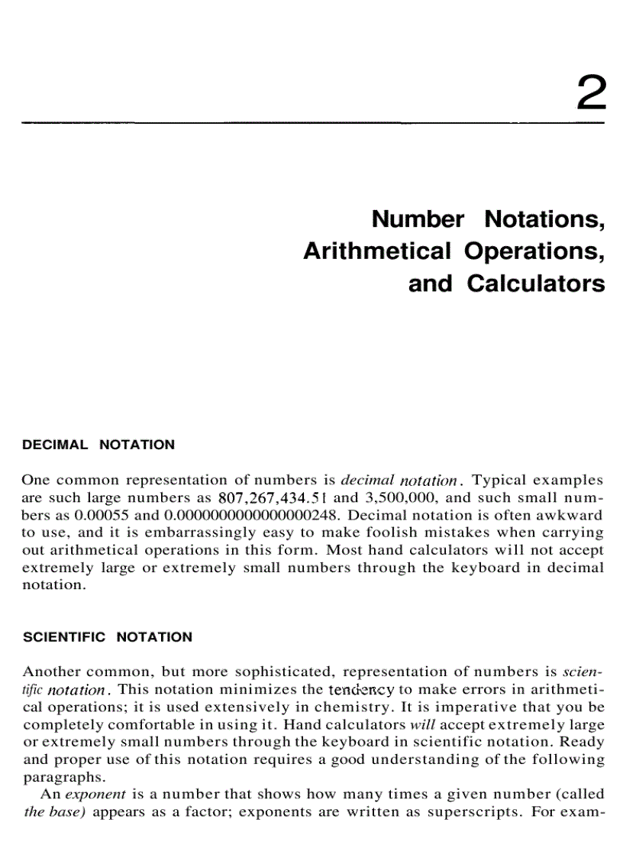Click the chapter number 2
[592, 95]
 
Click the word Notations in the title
[544, 219]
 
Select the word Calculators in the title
[536, 283]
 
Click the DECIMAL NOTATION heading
[98, 445]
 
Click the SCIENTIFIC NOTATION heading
[107, 637]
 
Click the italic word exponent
[94, 795]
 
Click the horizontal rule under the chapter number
[313, 122]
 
